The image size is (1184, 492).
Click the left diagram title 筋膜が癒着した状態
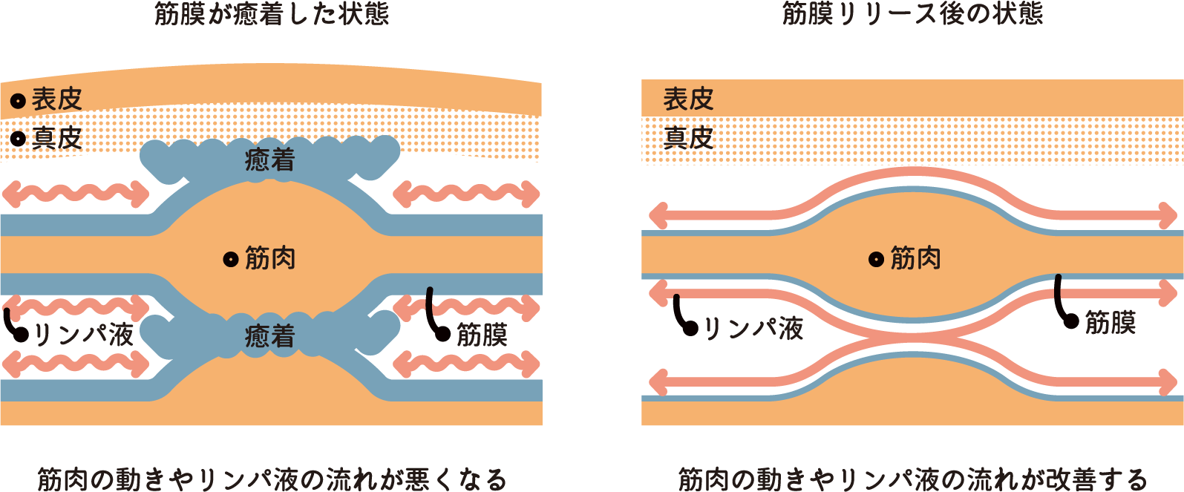point(272,13)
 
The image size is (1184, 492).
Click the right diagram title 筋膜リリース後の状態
point(912,13)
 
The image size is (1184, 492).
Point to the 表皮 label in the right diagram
point(688,99)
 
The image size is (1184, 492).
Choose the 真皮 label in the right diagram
point(688,138)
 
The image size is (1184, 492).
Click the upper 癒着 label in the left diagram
point(270,160)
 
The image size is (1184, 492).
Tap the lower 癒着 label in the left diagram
point(270,337)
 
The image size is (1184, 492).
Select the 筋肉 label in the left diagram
point(270,259)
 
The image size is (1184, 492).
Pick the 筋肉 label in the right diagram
point(916,259)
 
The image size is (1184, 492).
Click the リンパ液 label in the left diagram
point(83,335)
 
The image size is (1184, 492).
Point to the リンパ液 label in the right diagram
point(753,328)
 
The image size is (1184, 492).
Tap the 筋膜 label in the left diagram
point(482,335)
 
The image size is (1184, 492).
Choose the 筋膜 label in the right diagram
point(1111,323)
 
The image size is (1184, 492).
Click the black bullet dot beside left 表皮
point(18,100)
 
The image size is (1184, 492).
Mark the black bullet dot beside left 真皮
point(18,139)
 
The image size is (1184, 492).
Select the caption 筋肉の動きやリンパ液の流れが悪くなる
point(272,479)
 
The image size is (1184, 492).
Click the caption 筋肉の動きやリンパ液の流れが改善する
point(912,479)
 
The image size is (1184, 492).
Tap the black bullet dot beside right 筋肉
point(876,260)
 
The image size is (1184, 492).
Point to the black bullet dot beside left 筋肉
point(230,260)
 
